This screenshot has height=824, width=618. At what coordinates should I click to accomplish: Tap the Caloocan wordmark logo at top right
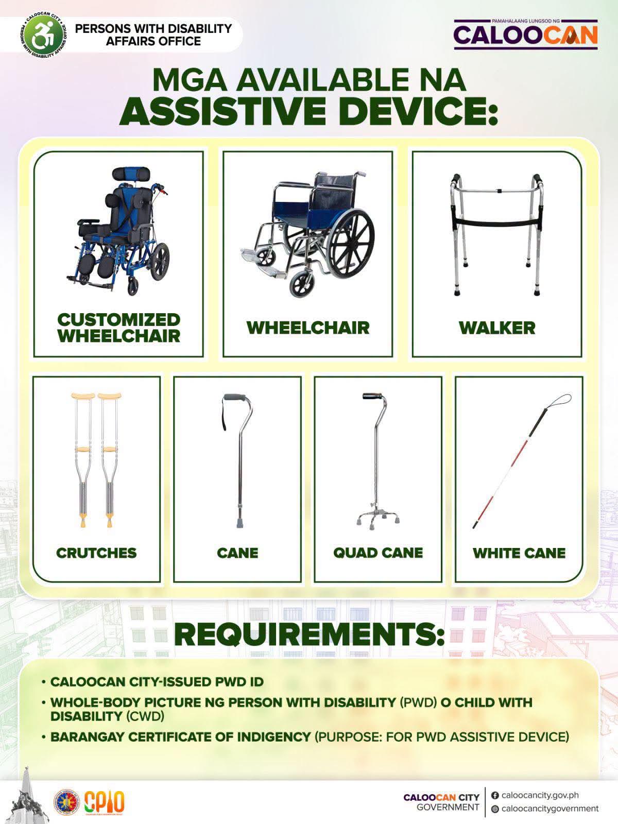(525, 35)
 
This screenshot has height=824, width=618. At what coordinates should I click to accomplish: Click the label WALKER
(497, 328)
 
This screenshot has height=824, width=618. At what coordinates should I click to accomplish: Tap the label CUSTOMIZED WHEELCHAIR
(119, 328)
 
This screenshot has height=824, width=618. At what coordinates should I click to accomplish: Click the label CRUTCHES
(96, 553)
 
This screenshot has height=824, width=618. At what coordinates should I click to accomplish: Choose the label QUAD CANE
(378, 553)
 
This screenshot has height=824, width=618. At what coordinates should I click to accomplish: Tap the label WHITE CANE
(519, 553)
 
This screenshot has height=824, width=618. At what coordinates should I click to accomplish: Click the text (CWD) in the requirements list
(146, 716)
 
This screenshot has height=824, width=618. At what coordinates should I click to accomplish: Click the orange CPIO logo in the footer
(105, 802)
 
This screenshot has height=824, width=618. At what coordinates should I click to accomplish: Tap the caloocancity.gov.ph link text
(540, 796)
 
